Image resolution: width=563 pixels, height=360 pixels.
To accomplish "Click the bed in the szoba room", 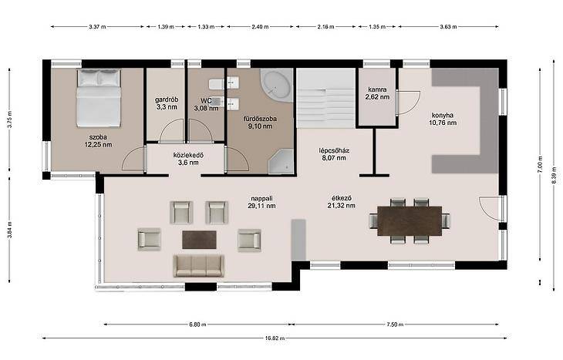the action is click(99, 98).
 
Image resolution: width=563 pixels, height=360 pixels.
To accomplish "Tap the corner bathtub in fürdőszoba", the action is click(275, 86).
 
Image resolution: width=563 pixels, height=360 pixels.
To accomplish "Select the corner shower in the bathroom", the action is click(281, 162).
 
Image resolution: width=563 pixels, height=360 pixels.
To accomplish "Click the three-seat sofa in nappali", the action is click(198, 266).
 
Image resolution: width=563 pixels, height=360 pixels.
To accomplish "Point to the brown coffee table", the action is click(199, 240).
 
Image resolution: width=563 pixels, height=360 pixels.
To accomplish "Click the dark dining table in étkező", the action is click(410, 220).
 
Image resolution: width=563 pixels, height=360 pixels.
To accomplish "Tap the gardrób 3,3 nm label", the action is click(167, 103).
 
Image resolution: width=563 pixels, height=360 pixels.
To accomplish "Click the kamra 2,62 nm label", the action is click(377, 93).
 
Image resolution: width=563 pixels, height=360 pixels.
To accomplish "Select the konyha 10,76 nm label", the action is click(443, 119).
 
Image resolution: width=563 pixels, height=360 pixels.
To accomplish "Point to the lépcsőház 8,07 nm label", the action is click(334, 154).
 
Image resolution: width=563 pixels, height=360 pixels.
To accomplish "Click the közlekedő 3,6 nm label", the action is click(188, 159).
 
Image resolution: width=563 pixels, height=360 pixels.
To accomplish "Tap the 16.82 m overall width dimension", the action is click(275, 338).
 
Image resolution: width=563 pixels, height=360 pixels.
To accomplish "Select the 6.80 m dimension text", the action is click(197, 325).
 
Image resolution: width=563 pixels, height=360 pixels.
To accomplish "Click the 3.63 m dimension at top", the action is click(448, 26).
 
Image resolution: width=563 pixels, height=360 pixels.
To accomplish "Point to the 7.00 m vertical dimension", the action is click(540, 164).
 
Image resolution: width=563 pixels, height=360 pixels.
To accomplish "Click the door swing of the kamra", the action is click(409, 103).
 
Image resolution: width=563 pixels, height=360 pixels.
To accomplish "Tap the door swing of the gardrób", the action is click(172, 131).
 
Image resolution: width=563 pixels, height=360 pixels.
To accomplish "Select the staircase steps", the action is click(326, 98).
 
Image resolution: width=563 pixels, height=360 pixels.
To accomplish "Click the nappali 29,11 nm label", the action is click(261, 202).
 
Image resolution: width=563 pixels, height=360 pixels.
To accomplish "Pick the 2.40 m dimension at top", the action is click(260, 26).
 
